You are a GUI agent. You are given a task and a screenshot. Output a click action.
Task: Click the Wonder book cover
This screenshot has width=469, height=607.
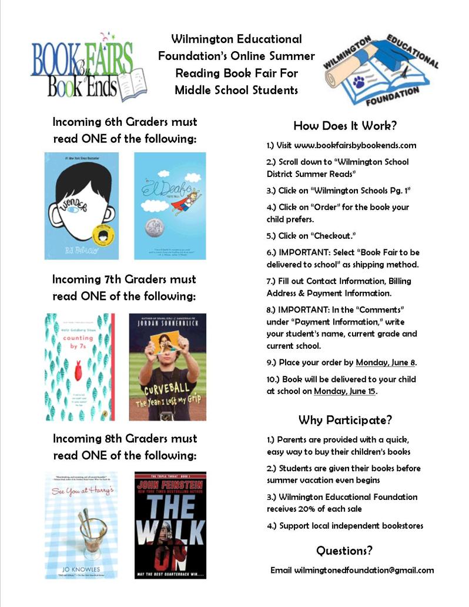[x=81, y=206]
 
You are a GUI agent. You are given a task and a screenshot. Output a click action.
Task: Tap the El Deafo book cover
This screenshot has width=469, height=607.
[x=170, y=206]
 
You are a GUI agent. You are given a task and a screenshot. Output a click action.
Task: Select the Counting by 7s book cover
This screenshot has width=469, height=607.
[x=79, y=366]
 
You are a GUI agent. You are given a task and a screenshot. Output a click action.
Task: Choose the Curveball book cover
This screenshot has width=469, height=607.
[x=167, y=366]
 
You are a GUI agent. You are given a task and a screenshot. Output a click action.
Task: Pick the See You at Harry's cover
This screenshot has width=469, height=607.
[x=81, y=525]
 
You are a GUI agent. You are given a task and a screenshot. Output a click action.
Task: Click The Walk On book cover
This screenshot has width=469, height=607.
[x=170, y=525]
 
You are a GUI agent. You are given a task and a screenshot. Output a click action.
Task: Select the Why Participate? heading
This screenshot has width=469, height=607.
[x=345, y=420]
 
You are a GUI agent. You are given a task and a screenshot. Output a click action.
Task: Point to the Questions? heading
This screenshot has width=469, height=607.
[x=344, y=551]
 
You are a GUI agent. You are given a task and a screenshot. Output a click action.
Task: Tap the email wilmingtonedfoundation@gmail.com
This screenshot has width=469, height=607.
[x=364, y=570]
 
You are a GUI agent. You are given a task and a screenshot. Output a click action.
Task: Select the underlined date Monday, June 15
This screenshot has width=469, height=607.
[x=345, y=391]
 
